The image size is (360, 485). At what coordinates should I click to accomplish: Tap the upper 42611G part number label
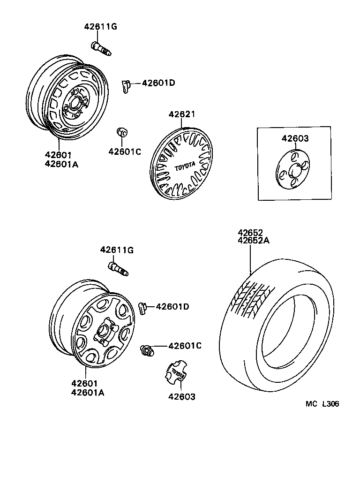click(100, 27)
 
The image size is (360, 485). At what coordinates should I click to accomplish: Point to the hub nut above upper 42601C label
click(121, 133)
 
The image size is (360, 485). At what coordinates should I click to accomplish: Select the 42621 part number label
click(182, 114)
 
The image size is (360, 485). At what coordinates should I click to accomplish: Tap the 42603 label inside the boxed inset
click(295, 138)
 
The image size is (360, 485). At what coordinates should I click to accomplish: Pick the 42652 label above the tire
click(250, 233)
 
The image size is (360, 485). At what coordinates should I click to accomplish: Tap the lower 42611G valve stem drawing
click(118, 269)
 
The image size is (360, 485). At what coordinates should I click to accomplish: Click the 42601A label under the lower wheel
click(88, 392)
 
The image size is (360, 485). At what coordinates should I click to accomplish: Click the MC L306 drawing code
click(322, 404)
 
